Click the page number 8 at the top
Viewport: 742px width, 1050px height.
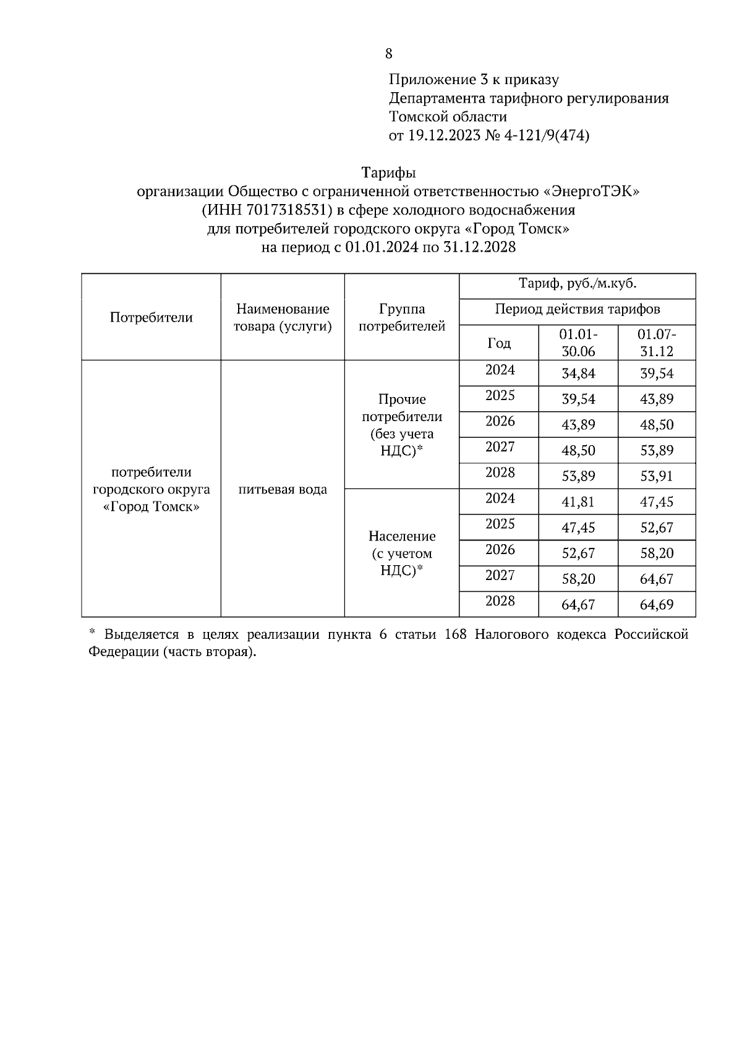point(388,54)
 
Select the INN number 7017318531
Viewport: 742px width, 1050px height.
point(285,210)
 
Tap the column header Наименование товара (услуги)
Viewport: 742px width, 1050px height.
point(283,317)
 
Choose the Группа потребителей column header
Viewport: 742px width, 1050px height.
point(402,317)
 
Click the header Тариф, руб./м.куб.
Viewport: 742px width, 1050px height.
point(578,284)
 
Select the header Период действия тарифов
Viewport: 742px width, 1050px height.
point(578,309)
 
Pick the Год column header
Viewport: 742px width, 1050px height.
point(499,343)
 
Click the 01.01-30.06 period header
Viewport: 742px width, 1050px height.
point(578,343)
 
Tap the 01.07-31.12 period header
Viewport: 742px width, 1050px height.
point(657,343)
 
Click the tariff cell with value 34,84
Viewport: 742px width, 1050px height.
point(578,373)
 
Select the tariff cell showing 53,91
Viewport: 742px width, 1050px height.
point(657,476)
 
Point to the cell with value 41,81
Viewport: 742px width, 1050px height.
point(578,502)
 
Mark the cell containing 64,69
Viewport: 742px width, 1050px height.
point(657,605)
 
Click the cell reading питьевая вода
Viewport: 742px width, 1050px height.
point(283,490)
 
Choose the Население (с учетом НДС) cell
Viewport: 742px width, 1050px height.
point(402,553)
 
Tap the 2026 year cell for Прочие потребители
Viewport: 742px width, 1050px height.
point(500,422)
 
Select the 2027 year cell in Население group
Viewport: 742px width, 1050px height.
point(500,576)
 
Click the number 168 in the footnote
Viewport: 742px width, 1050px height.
point(455,635)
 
